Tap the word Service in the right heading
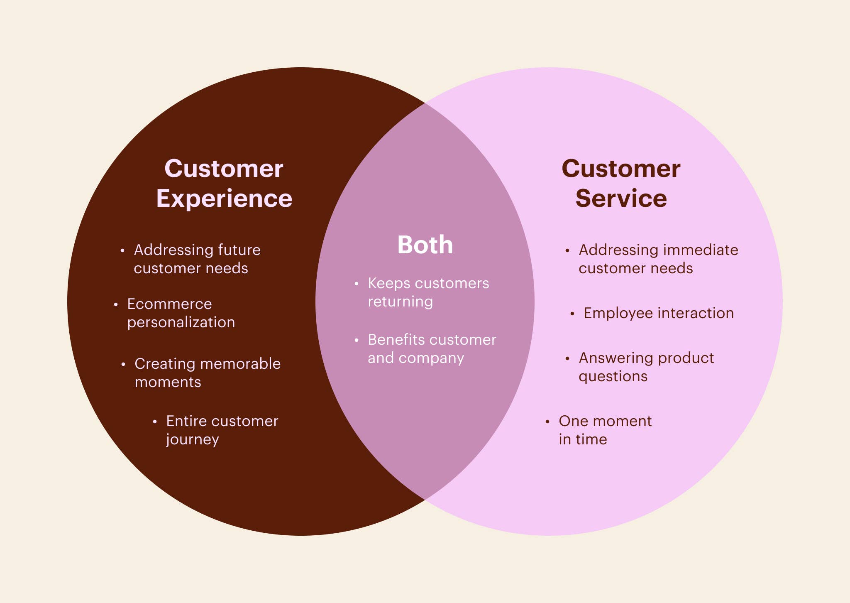(x=621, y=198)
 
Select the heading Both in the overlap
(x=425, y=245)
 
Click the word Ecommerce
(x=169, y=304)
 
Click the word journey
(x=192, y=440)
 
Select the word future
(x=239, y=250)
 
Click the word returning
(x=400, y=302)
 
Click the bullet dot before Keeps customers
(x=356, y=284)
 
